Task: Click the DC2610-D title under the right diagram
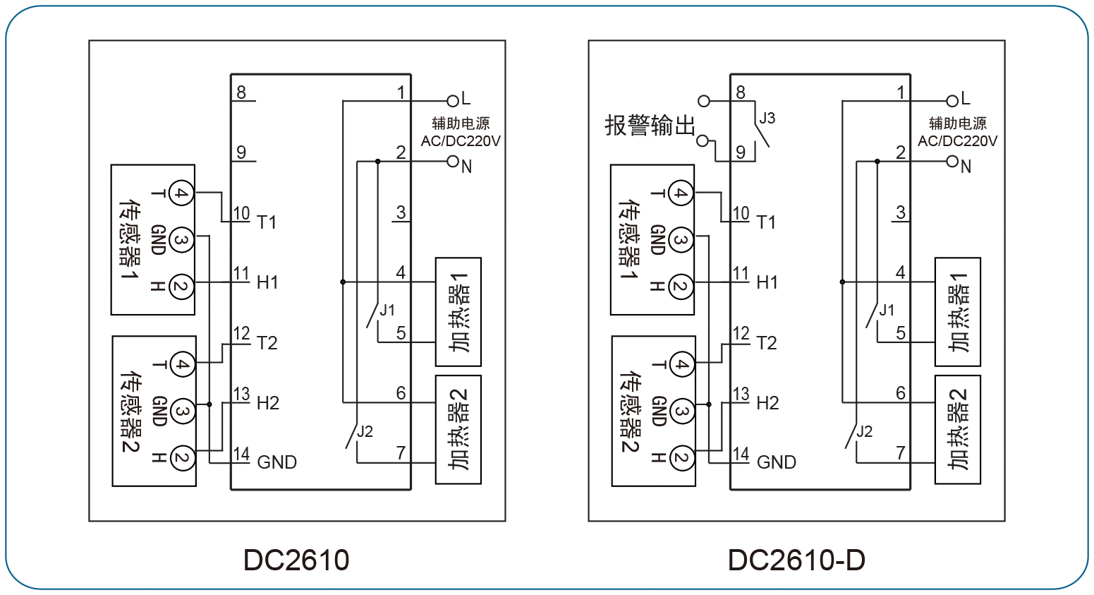[x=796, y=560]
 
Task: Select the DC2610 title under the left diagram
[x=296, y=560]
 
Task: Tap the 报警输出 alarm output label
[x=650, y=126]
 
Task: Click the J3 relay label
[x=767, y=118]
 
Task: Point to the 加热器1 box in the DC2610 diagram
[x=458, y=312]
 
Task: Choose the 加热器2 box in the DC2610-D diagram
[x=957, y=430]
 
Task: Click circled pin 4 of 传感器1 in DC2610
[x=181, y=193]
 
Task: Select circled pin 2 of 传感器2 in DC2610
[x=182, y=457]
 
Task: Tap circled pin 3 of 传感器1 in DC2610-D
[x=681, y=241]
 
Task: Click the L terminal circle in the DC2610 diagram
[x=453, y=101]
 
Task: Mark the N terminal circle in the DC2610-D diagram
[x=952, y=162]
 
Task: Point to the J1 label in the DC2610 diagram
[x=387, y=311]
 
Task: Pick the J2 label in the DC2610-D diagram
[x=865, y=431]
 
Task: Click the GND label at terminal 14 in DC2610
[x=276, y=462]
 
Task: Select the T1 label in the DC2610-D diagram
[x=766, y=223]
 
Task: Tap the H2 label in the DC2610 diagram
[x=268, y=403]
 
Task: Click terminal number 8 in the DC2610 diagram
[x=241, y=92]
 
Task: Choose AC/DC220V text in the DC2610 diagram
[x=461, y=141]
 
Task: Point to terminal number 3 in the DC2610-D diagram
[x=900, y=212]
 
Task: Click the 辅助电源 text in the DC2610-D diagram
[x=957, y=124]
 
